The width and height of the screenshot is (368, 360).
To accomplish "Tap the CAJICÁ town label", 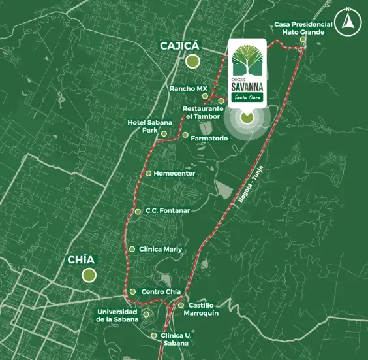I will click(x=180, y=46).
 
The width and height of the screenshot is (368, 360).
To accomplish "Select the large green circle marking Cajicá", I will click(x=192, y=62).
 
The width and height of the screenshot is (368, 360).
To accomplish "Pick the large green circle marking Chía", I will click(x=89, y=275).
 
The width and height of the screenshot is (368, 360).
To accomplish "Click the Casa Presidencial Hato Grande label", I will click(x=303, y=27).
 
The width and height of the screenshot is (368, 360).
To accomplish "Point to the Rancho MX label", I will click(x=189, y=88).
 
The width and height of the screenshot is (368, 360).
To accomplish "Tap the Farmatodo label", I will click(x=209, y=138).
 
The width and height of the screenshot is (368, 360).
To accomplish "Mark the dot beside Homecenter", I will click(x=148, y=173).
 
